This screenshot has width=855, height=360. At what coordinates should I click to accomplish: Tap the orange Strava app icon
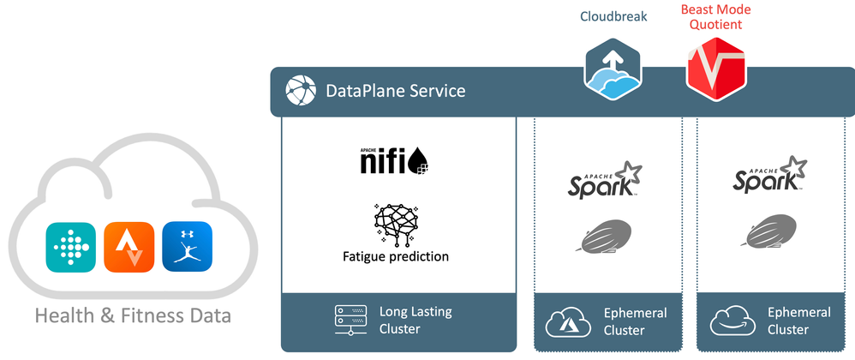point(129,247)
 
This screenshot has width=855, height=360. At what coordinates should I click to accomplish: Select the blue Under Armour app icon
point(187,247)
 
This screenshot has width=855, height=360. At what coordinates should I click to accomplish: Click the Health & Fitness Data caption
point(133,316)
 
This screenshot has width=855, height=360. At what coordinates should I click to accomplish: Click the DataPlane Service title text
point(395,91)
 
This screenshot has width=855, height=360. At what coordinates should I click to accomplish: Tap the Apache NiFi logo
point(392,161)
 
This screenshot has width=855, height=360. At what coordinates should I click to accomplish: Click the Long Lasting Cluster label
point(415,320)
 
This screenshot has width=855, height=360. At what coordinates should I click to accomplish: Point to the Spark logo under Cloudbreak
point(605,179)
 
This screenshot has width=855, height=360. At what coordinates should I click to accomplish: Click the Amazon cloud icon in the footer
point(731,322)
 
